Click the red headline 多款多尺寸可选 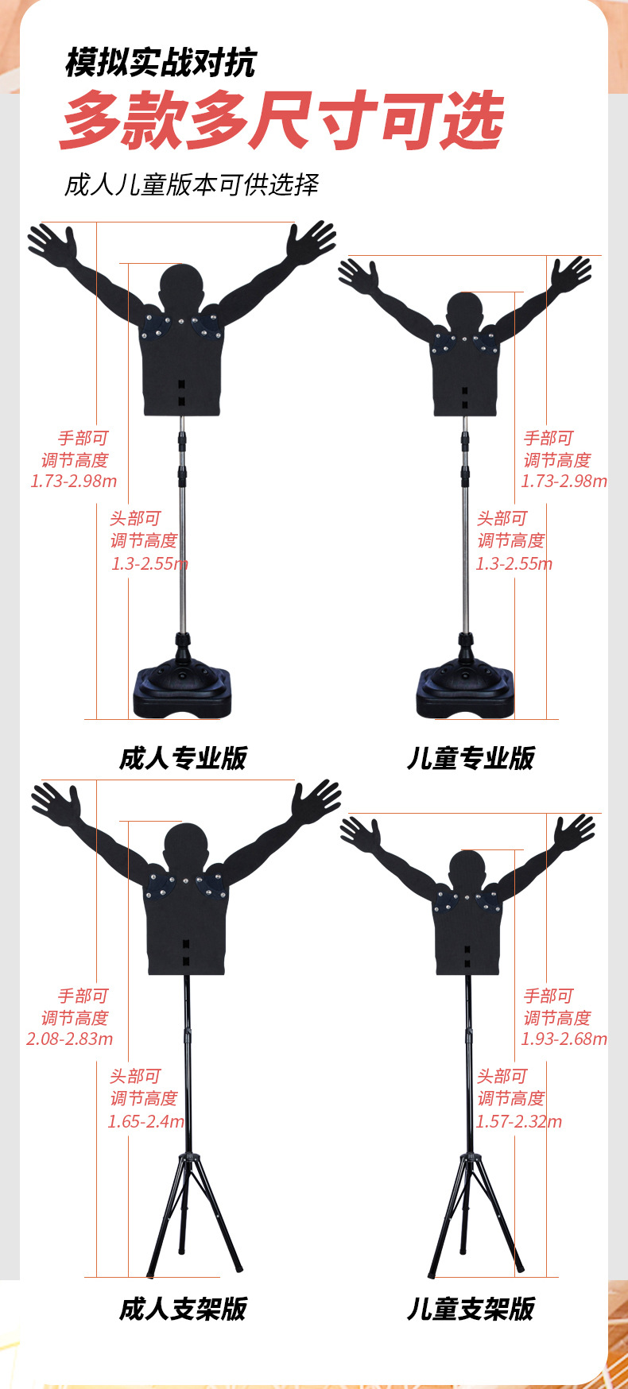[x=281, y=121]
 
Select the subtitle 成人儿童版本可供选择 [x=192, y=184]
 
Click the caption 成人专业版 [x=183, y=758]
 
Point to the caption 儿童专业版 [x=471, y=758]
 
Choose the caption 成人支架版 [x=183, y=1309]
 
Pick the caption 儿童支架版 [x=471, y=1309]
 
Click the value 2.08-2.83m [x=70, y=1039]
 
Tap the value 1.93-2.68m [x=564, y=1039]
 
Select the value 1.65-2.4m [x=146, y=1121]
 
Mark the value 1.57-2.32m [x=519, y=1121]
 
